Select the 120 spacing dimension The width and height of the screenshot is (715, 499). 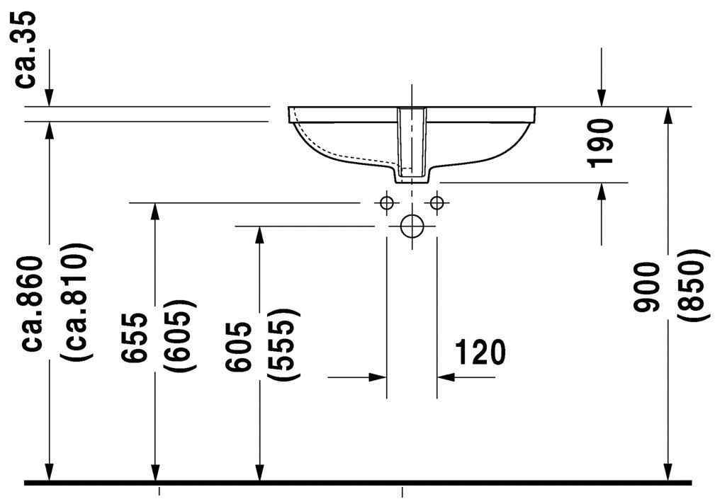click(480, 352)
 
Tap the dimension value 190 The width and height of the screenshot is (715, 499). click(602, 143)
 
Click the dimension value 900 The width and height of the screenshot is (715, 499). click(647, 287)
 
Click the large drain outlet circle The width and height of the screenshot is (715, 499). click(411, 226)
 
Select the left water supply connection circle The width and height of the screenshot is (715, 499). click(386, 203)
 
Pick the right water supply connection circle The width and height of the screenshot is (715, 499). click(437, 203)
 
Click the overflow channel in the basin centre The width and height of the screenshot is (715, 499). click(411, 142)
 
